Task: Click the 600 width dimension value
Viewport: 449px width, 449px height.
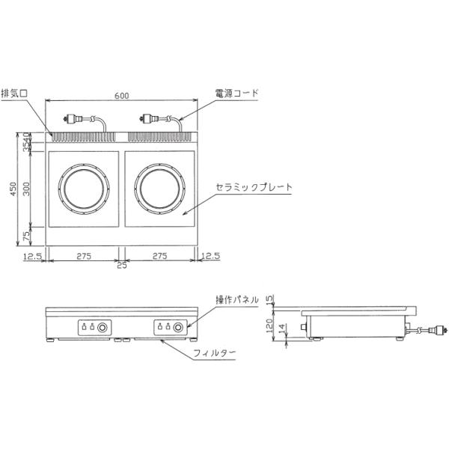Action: [x=122, y=95]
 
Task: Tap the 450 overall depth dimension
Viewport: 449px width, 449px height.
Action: [x=13, y=189]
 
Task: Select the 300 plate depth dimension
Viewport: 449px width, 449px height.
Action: [x=26, y=189]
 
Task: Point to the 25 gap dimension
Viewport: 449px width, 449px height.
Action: [x=122, y=266]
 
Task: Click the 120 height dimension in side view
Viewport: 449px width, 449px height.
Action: [x=269, y=326]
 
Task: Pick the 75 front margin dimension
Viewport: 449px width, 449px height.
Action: [x=26, y=236]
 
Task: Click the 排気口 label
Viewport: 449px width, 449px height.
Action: [x=14, y=94]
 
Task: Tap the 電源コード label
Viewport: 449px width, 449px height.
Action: [x=236, y=93]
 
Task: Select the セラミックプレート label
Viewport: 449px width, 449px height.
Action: [x=254, y=187]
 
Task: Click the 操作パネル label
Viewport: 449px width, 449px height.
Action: [x=237, y=300]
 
